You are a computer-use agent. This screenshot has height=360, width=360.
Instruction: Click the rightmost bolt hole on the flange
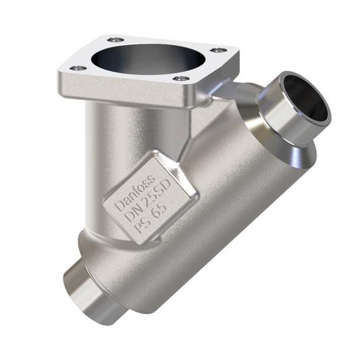click(215, 49)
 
